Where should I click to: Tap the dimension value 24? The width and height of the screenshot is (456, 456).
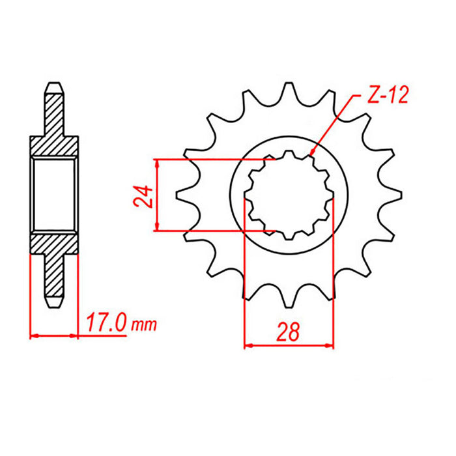point(145,195)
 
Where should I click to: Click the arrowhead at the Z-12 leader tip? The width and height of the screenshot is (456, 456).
point(313,154)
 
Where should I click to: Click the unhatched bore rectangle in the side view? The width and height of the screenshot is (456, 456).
point(54,195)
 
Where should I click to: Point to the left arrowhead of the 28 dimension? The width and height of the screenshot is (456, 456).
point(248,346)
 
